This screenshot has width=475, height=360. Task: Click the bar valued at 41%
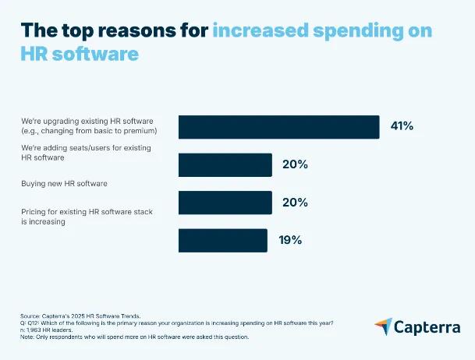point(278,127)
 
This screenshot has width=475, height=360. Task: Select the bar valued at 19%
point(222,240)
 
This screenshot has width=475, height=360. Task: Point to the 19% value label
point(290,240)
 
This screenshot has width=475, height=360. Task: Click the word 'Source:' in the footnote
point(31,310)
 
